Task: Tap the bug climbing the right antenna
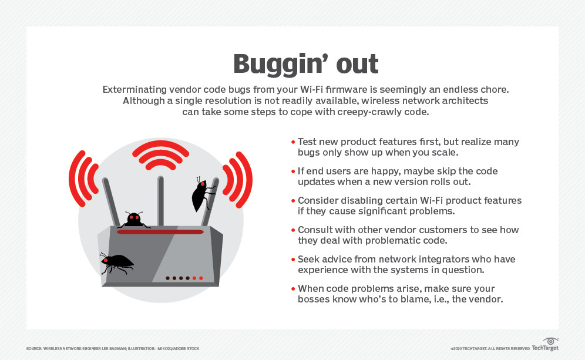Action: coord(203,194)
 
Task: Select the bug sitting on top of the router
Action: coord(134,220)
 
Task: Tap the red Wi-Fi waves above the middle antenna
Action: coord(160,153)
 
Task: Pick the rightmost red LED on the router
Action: coord(201,278)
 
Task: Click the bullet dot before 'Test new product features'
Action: coord(293,142)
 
